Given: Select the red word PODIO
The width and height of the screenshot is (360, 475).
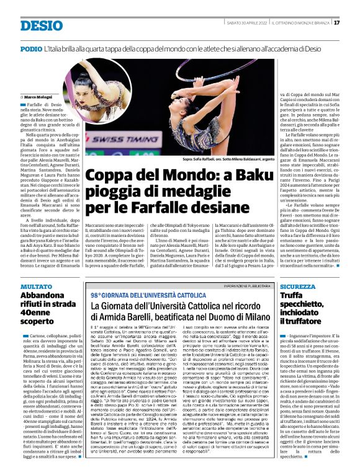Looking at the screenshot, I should pos(31,48).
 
